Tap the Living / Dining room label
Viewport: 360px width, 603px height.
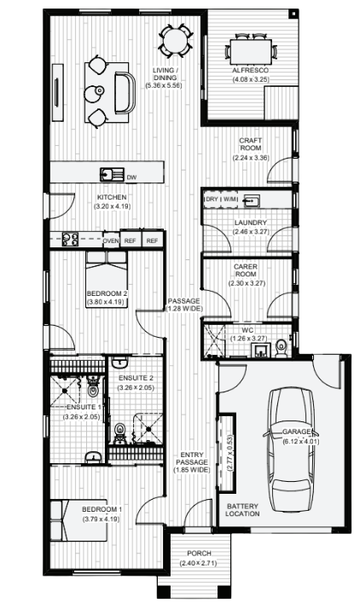165,74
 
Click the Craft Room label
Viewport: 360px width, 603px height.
250,145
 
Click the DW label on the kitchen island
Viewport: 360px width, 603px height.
131,177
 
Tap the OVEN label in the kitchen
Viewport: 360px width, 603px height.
111,241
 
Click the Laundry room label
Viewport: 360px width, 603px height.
251,223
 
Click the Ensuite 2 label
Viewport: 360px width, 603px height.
136,378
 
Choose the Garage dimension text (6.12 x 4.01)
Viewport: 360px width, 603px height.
299,442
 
